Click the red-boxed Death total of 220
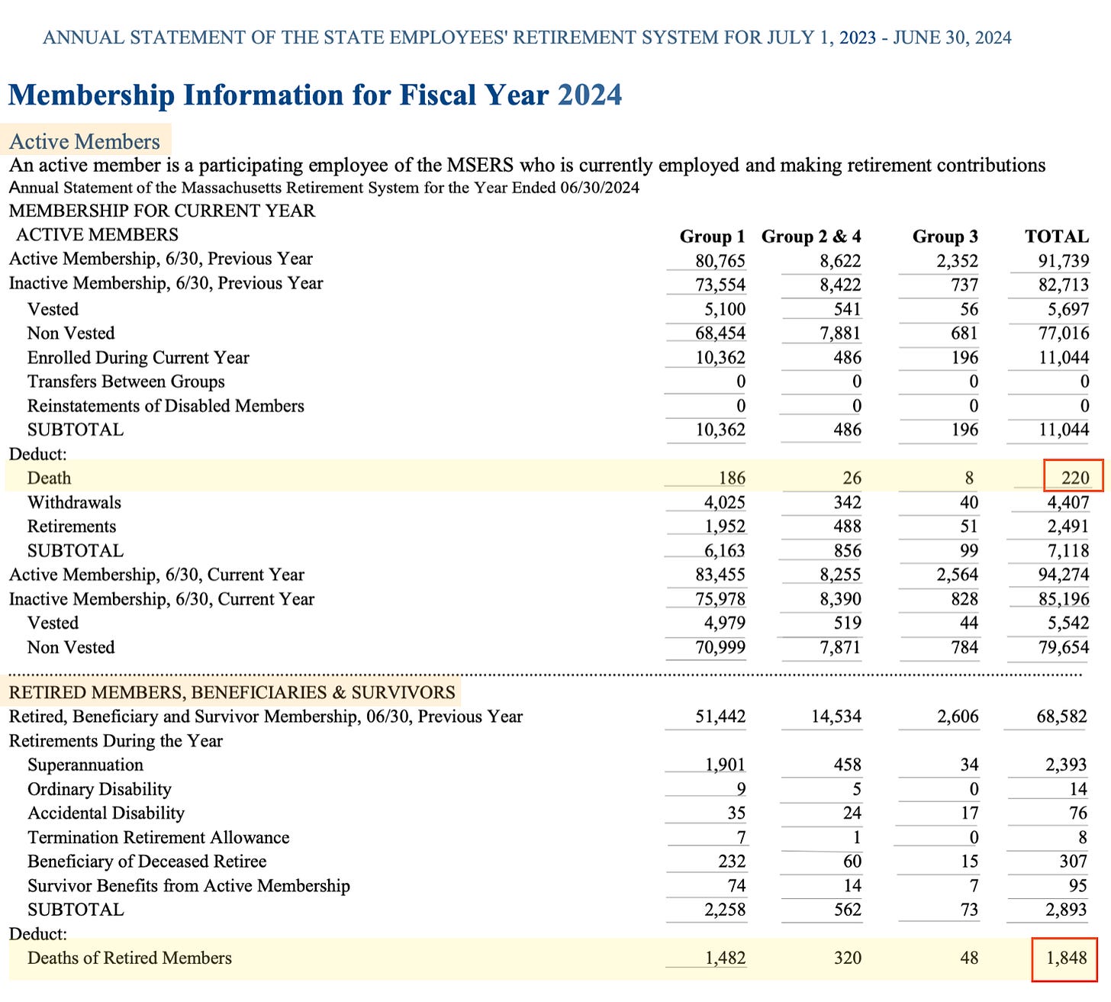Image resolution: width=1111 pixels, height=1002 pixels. (1074, 478)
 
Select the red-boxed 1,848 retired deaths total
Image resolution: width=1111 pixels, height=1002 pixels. (1066, 957)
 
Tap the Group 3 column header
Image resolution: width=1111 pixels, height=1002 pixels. (945, 237)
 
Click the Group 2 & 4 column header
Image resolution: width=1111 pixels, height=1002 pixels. (811, 237)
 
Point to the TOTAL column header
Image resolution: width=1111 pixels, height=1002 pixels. (1057, 237)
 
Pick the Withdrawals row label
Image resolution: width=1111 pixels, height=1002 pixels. (74, 502)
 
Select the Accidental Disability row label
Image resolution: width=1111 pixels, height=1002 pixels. (106, 813)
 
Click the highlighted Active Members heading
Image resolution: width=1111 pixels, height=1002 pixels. (85, 141)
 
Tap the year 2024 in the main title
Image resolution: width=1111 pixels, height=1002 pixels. (590, 95)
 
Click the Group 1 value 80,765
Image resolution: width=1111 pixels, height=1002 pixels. (720, 261)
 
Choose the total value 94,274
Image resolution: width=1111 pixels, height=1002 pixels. (1063, 575)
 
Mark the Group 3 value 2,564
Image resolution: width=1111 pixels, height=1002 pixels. (957, 575)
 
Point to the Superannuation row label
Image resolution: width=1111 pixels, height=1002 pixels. (85, 765)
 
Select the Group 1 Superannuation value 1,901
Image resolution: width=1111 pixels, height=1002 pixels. (724, 765)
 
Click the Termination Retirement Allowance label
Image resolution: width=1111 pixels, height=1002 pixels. (159, 837)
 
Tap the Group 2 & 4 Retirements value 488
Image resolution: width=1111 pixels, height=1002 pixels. (847, 527)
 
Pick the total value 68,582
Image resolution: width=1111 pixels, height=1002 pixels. (1062, 717)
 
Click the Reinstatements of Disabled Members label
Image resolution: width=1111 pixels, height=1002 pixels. (166, 405)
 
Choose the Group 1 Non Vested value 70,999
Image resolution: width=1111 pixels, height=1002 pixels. (720, 647)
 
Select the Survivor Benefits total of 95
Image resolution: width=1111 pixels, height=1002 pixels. (1077, 885)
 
